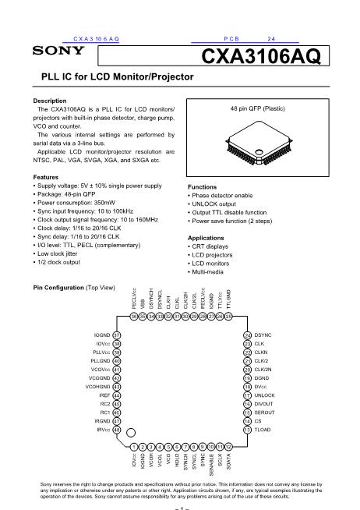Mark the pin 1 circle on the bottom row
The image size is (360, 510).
pos(134,445)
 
